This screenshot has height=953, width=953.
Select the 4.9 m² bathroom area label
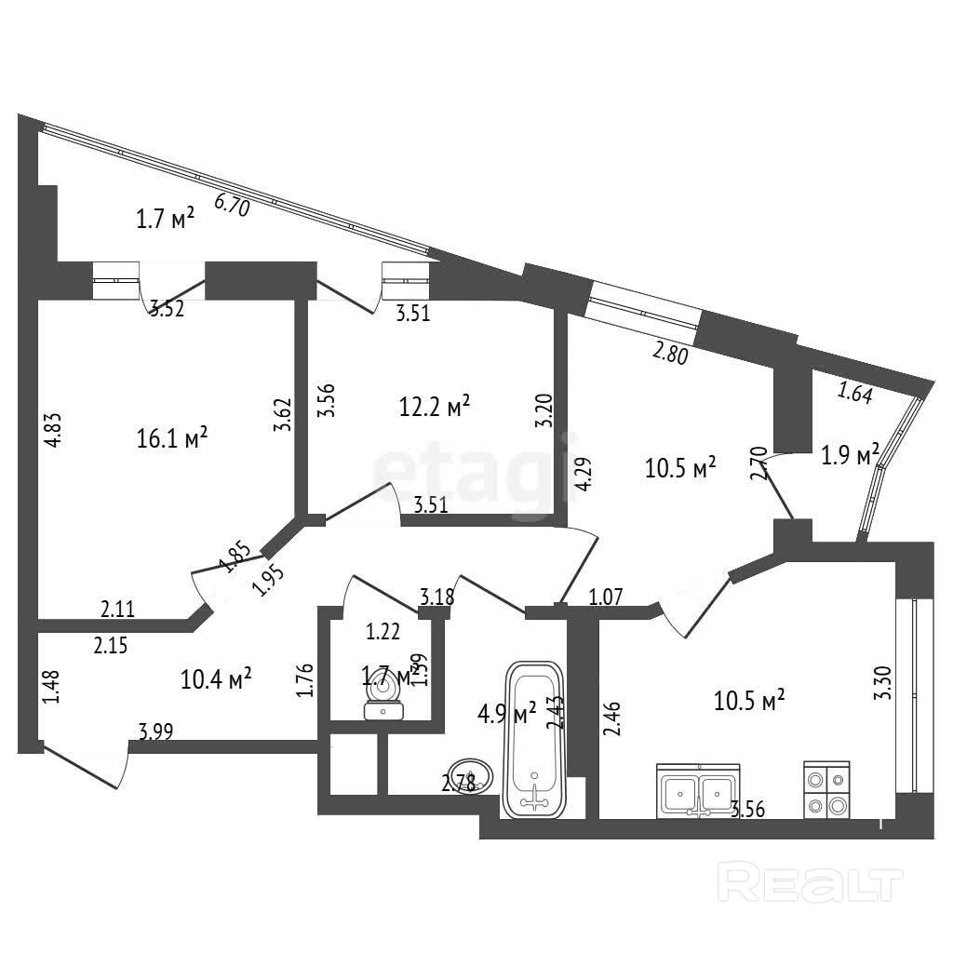[507, 715]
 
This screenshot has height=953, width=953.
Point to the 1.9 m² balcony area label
[850, 456]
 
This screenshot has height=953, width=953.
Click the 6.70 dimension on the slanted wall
[232, 205]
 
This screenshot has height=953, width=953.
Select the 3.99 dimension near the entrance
[155, 732]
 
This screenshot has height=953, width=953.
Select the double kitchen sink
[698, 791]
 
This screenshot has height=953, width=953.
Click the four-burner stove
[826, 790]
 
